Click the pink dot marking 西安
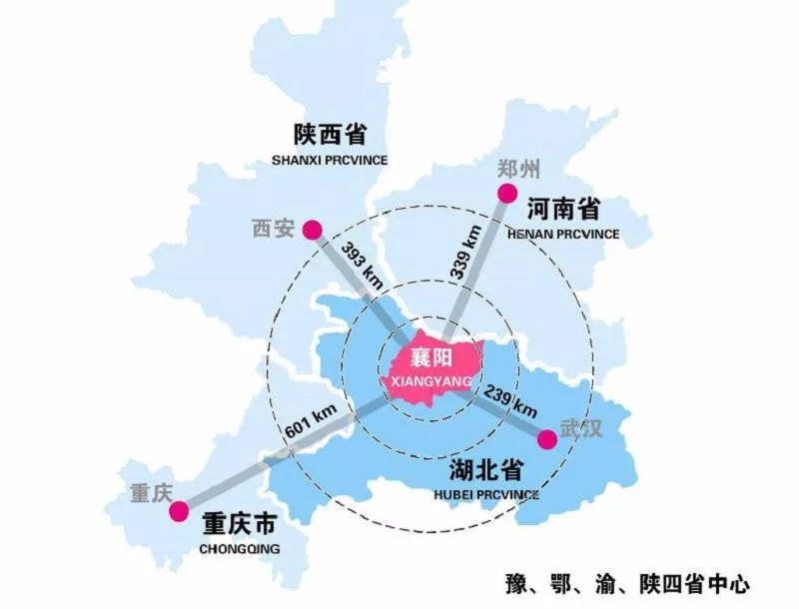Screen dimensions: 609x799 [313, 230]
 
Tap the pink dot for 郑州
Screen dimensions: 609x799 [507, 194]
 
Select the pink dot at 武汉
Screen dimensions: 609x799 [546, 439]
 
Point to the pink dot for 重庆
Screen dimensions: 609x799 [179, 512]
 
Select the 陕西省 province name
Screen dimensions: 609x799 [329, 134]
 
